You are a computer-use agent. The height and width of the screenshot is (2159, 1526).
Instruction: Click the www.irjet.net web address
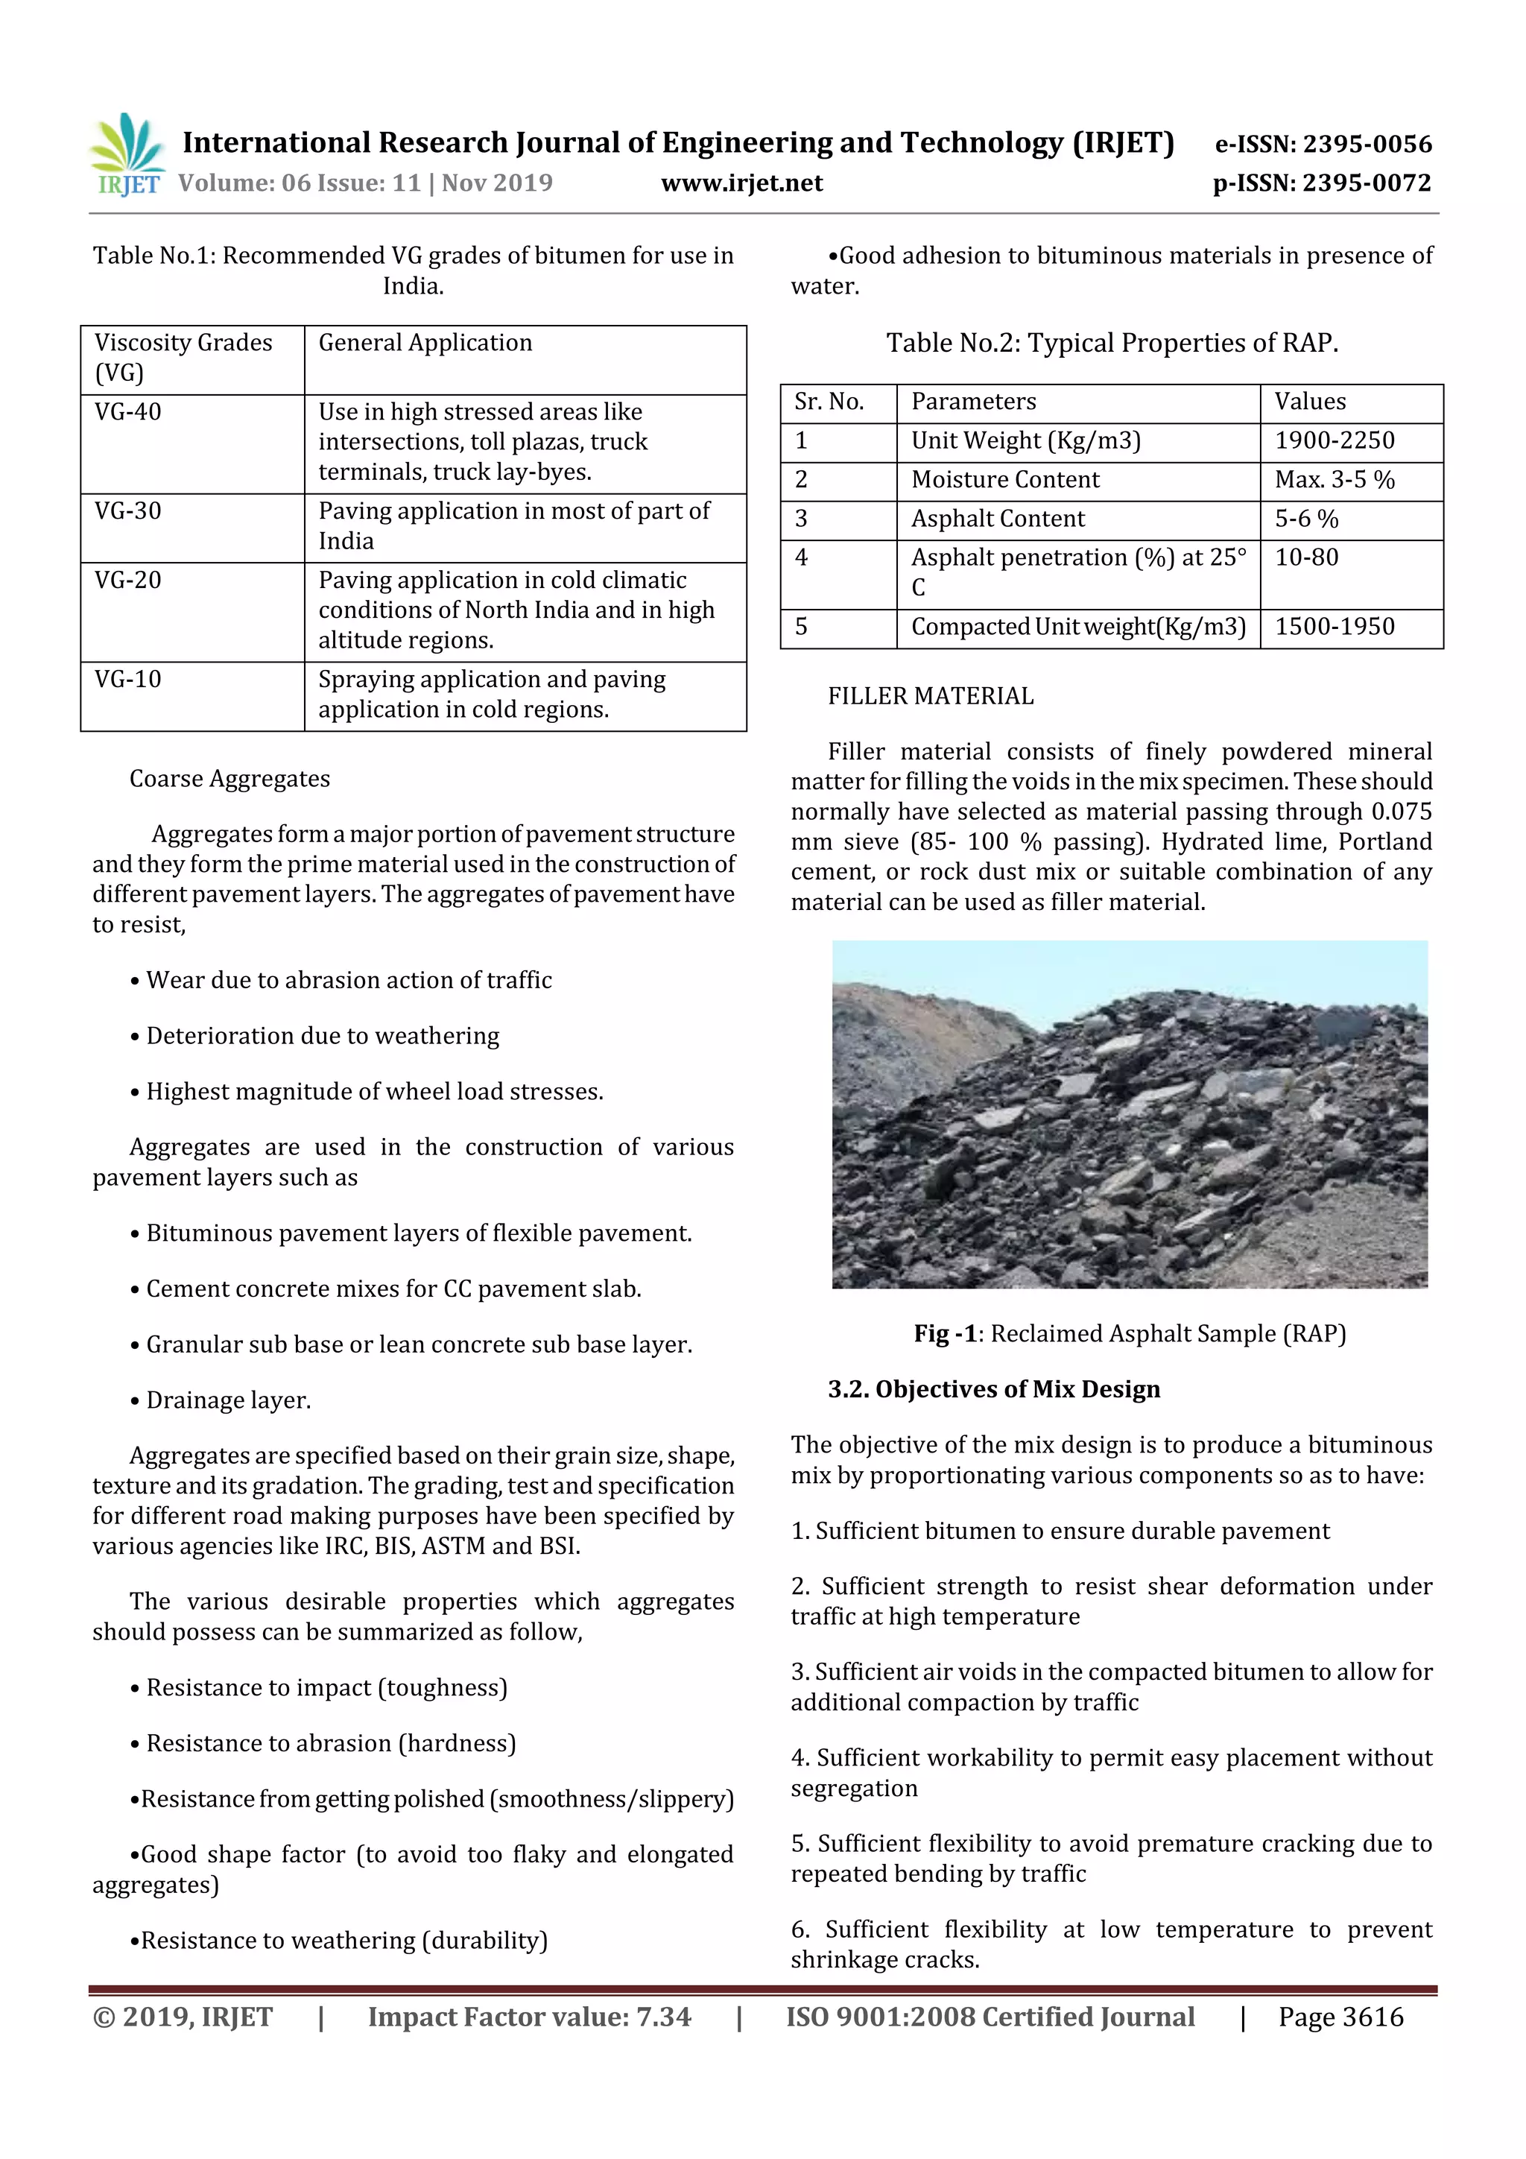[x=742, y=183]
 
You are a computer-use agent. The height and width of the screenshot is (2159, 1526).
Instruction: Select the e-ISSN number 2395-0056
[x=1323, y=144]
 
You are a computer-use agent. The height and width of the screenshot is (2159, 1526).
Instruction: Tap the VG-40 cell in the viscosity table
[x=128, y=412]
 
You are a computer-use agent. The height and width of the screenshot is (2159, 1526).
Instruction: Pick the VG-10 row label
[x=128, y=679]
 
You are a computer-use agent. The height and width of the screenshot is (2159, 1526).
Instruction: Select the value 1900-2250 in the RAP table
[x=1335, y=441]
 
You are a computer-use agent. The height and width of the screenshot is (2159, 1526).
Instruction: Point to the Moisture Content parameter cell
[x=1004, y=479]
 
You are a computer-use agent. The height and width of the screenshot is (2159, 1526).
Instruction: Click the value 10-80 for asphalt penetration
[x=1306, y=557]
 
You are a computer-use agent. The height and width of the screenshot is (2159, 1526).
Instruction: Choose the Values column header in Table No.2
[x=1310, y=402]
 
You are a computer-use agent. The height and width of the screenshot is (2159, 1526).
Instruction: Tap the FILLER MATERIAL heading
[x=930, y=696]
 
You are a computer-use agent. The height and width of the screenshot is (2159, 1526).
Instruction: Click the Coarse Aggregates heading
[x=229, y=779]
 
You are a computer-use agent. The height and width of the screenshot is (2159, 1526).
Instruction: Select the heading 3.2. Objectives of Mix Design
[x=993, y=1389]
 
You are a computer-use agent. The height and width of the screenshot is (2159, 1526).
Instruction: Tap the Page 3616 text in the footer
[x=1340, y=2017]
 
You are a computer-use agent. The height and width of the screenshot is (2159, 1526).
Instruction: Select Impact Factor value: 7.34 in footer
[x=528, y=2017]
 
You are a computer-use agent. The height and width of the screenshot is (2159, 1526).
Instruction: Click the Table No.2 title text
[x=1112, y=344]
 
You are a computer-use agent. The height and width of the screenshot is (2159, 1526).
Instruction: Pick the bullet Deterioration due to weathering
[x=322, y=1036]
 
